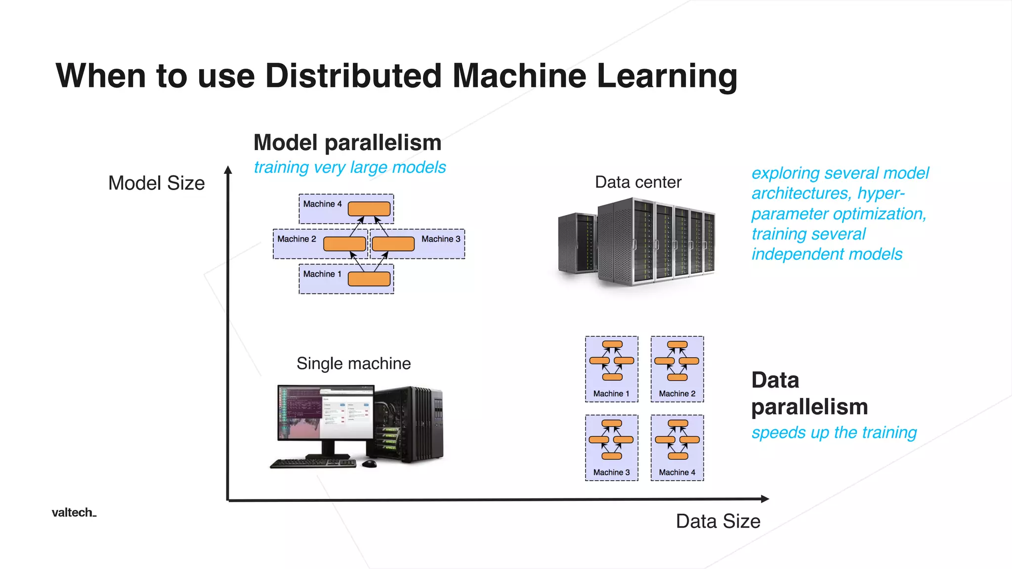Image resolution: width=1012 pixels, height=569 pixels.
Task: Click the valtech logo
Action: (x=74, y=513)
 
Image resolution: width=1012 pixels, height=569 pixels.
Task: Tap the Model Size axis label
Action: (x=156, y=183)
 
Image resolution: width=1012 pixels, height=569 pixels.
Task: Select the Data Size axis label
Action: (x=717, y=522)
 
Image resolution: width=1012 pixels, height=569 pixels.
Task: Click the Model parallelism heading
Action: (x=347, y=143)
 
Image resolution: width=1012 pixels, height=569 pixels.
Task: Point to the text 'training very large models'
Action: (x=349, y=167)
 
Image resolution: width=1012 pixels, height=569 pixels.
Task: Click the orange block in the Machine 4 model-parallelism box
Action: (x=369, y=209)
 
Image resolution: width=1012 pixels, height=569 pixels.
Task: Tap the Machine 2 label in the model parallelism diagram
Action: (x=296, y=239)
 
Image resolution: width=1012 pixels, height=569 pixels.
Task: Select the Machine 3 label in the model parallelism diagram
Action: (x=440, y=239)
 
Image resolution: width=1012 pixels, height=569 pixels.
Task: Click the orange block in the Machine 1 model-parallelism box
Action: (x=369, y=279)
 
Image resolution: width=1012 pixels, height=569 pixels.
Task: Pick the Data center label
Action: (x=638, y=182)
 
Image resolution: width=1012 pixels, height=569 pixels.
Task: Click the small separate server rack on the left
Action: (x=576, y=244)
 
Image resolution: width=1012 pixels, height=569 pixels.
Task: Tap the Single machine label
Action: (x=353, y=364)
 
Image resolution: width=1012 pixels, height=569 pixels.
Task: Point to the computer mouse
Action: (x=369, y=464)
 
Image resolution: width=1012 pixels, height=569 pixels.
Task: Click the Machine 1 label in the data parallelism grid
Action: (x=611, y=394)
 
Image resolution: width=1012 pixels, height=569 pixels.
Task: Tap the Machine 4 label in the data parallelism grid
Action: (x=676, y=473)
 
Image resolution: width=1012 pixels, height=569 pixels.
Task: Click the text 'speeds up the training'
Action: (x=834, y=433)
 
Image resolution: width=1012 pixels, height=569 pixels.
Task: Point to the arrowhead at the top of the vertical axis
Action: (x=228, y=170)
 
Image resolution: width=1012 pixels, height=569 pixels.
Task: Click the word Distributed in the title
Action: (x=353, y=76)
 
